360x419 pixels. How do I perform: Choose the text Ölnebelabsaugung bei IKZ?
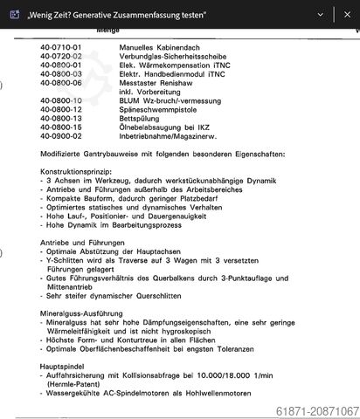point(165,127)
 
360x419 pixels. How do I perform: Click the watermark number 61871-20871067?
point(316,411)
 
